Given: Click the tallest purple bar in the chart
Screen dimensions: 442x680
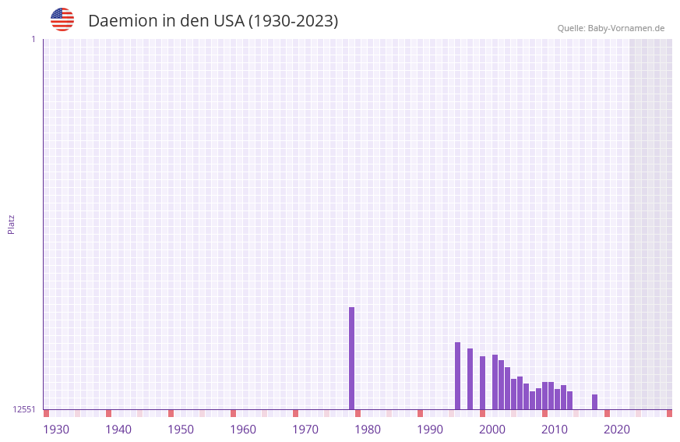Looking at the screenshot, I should pos(351,358).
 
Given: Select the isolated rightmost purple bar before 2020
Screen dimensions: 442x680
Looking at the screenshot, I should pos(594,401).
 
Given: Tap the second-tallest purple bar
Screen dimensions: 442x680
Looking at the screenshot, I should pos(457,376).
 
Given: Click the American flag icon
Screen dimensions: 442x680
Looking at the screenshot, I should pos(62,20).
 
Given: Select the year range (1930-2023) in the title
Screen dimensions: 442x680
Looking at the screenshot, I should pos(293,21).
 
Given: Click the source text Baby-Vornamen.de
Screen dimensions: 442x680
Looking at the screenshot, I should pos(625,28).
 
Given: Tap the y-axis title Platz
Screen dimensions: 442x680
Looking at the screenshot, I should pos(11,224).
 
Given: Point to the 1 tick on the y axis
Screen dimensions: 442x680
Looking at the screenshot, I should pos(33,39).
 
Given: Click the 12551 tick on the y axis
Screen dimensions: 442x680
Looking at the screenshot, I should pos(23,409).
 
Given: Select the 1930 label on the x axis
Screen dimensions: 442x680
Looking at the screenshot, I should pos(56,430).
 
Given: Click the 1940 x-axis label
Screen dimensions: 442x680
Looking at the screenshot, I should pos(118,430).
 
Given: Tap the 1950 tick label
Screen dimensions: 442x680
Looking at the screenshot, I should pos(181,430).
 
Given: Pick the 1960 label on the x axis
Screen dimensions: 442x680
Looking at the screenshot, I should pos(243,430).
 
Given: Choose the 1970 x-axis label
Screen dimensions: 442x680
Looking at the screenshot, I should pos(305,430).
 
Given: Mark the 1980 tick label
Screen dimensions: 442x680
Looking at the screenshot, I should pos(368,430).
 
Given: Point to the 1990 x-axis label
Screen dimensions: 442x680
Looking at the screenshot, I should pos(430,430).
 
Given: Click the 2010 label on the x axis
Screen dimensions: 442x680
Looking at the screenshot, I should pos(555,430).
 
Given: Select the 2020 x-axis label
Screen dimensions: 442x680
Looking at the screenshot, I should pos(617,430).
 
